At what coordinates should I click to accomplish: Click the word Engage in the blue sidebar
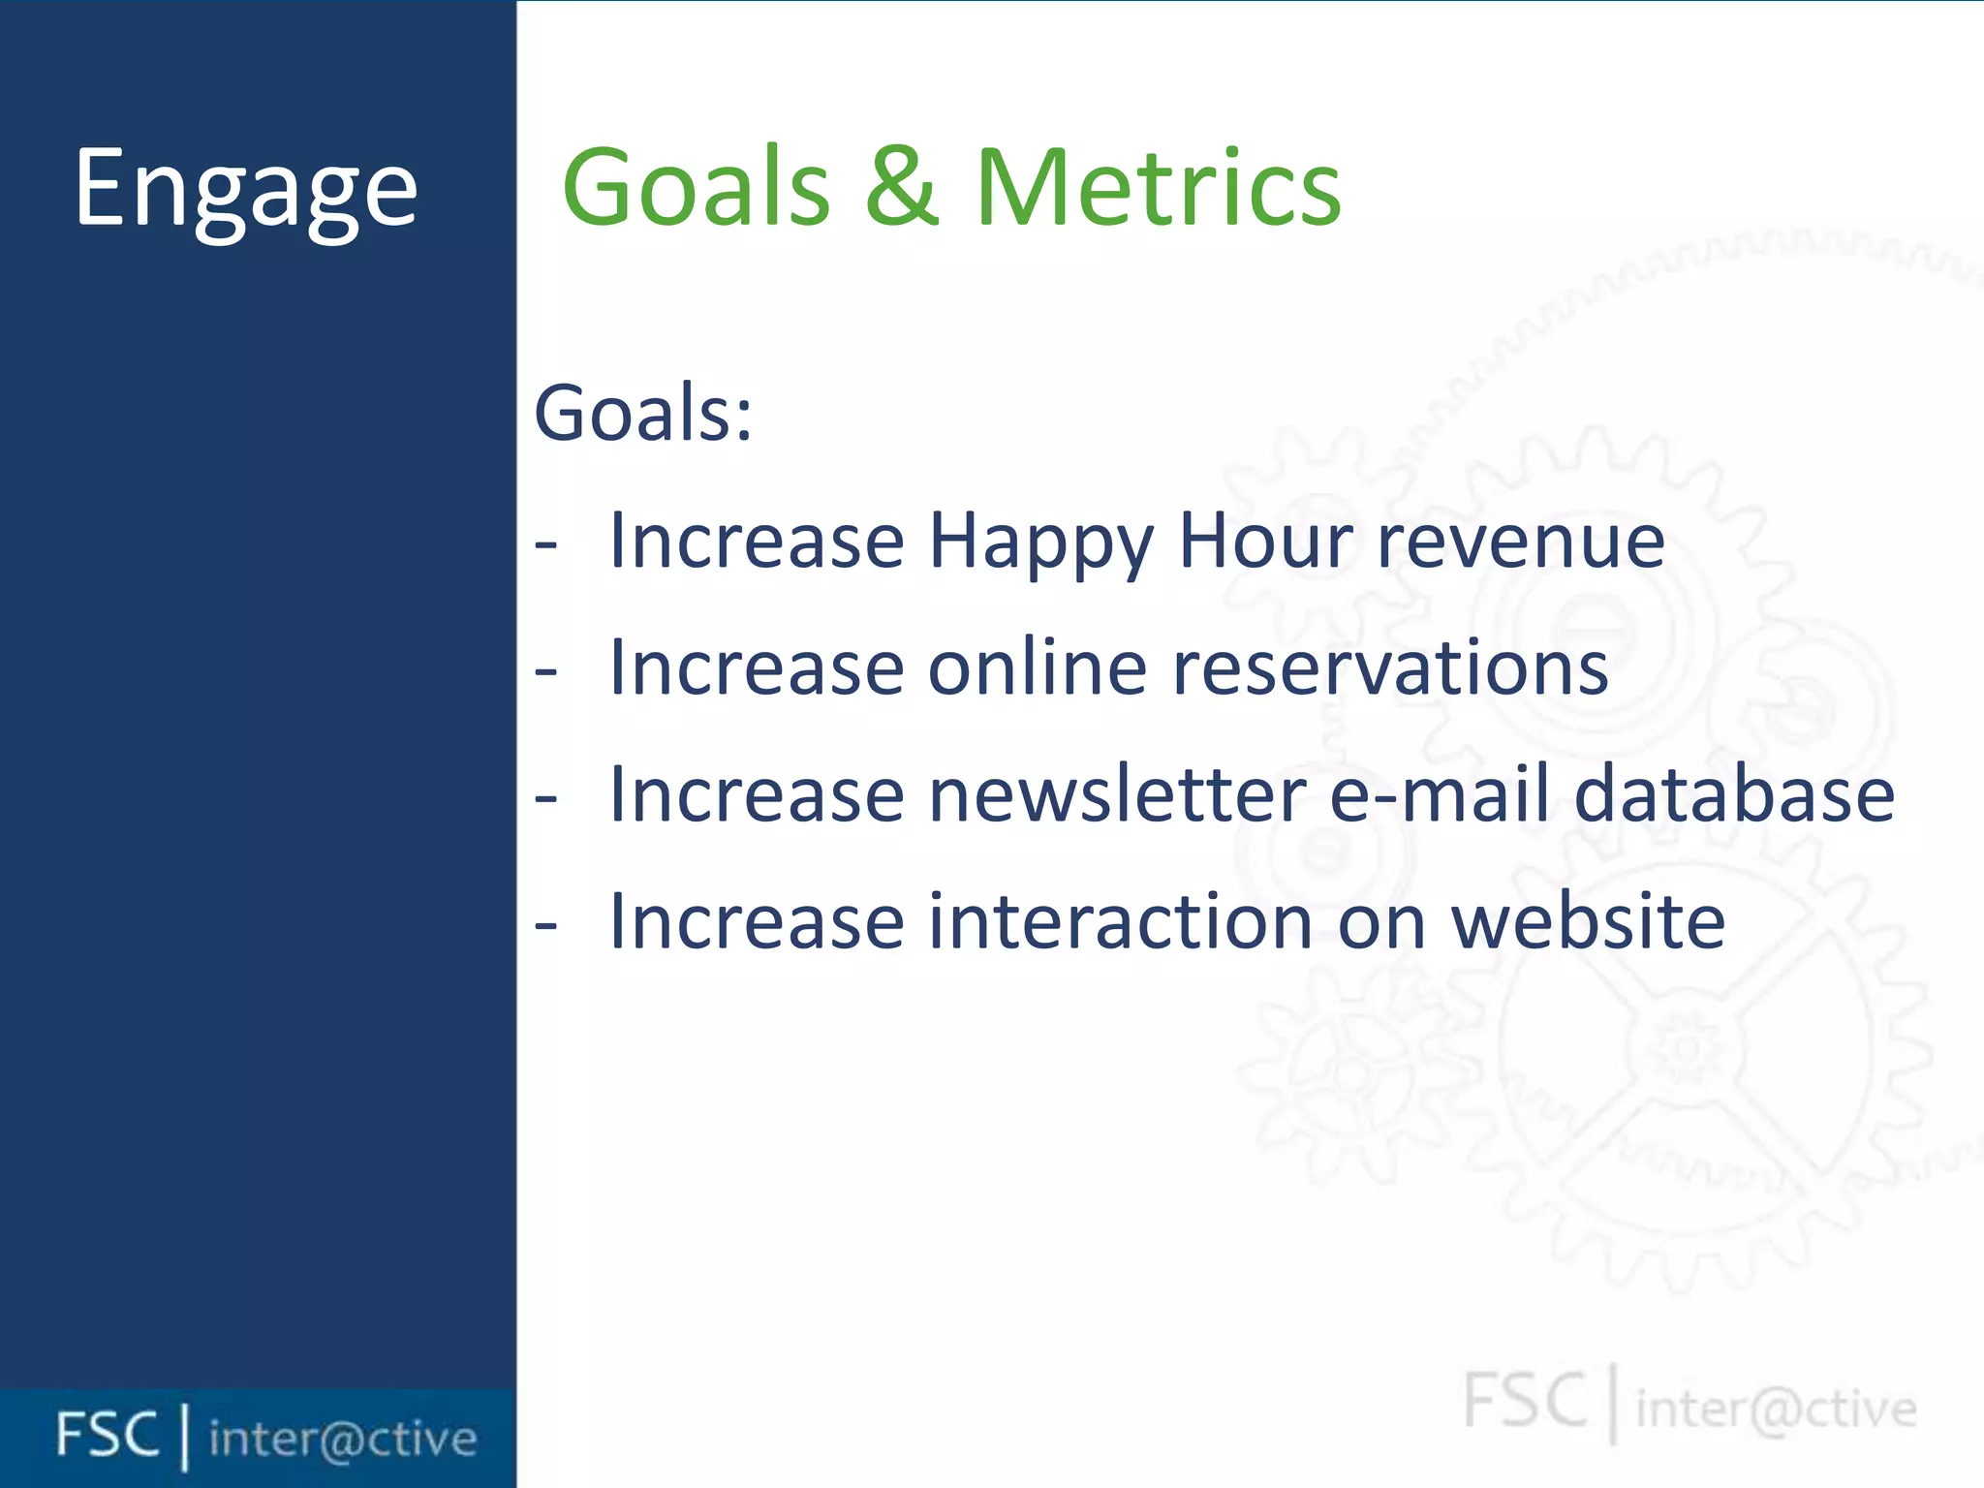click(x=246, y=189)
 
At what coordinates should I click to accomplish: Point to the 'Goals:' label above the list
click(x=643, y=413)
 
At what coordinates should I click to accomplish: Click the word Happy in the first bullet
click(x=1041, y=542)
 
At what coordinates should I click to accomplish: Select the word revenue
click(x=1521, y=542)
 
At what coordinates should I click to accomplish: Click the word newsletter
click(x=1117, y=794)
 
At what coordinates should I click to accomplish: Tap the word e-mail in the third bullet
click(x=1440, y=794)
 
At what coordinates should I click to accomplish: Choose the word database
click(x=1734, y=794)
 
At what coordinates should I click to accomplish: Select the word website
click(x=1589, y=921)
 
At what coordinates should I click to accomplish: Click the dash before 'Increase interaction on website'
click(x=546, y=926)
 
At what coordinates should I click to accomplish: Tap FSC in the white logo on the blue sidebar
click(x=107, y=1435)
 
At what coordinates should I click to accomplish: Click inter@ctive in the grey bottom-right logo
click(x=1776, y=1409)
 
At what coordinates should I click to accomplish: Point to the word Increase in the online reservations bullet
click(x=757, y=667)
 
